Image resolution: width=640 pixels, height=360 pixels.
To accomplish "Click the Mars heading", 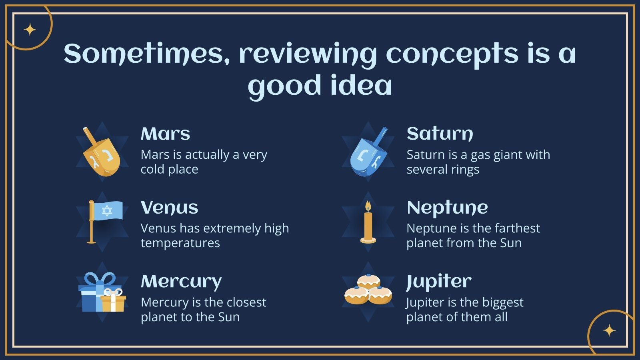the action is pos(166,134).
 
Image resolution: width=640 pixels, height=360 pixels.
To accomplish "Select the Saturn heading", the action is pos(440,134).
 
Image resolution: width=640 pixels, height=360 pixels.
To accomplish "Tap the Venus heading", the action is pos(170,208).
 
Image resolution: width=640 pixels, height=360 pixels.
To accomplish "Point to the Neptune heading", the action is pos(448,208).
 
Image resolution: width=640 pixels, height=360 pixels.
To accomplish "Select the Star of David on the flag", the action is pos(107,211).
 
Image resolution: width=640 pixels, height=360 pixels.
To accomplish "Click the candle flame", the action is pos(368,206).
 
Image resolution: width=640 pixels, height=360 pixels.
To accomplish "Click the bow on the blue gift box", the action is pos(100,279).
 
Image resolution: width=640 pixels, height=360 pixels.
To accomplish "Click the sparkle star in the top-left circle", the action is pos(30,30).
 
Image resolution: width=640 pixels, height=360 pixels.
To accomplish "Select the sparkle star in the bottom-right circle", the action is pos(609,330).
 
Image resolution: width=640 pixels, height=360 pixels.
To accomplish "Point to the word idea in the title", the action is pos(361,85).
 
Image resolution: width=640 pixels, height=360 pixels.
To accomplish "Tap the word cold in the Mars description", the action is pos(153,169).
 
